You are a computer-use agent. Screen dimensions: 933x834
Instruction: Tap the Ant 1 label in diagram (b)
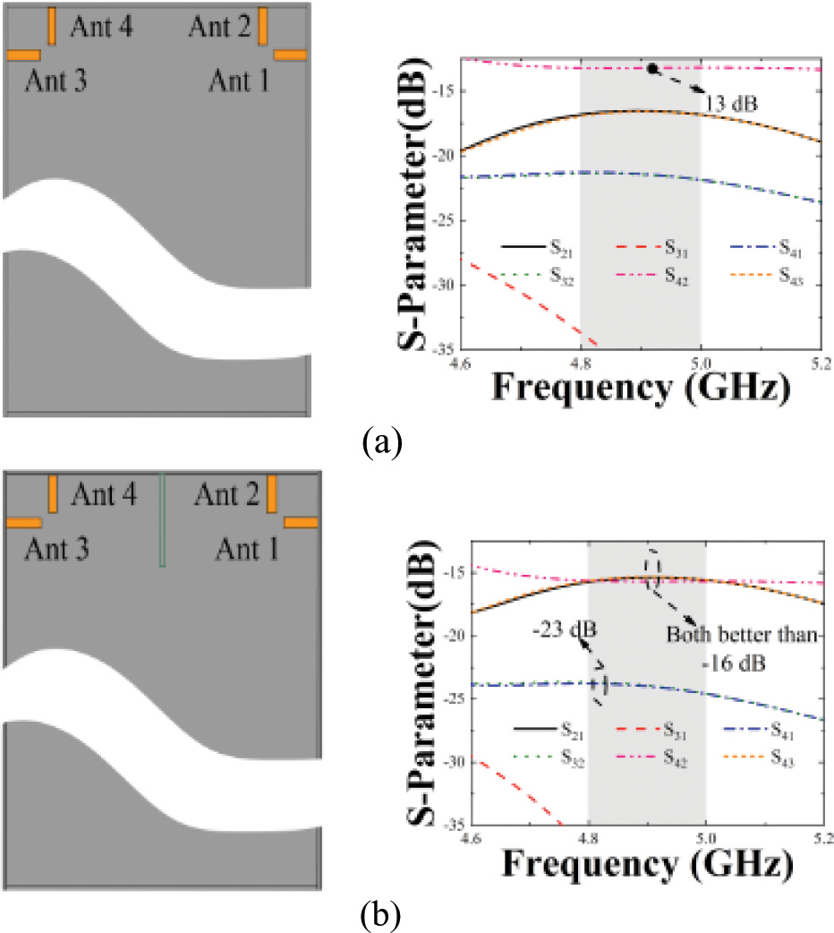point(245,549)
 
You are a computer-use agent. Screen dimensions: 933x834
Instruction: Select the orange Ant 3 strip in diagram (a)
point(23,56)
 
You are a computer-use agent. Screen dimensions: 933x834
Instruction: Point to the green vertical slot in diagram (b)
point(162,520)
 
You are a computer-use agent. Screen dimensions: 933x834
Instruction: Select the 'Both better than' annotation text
point(744,635)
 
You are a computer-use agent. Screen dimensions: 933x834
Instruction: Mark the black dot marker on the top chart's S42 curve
point(653,68)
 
